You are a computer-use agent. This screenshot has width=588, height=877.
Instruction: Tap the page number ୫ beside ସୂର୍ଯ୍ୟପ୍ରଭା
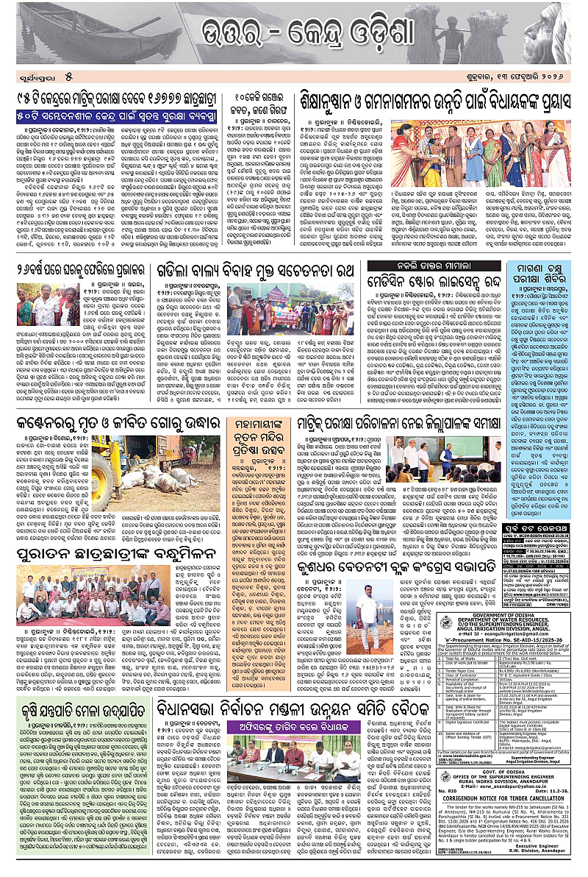(x=67, y=76)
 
